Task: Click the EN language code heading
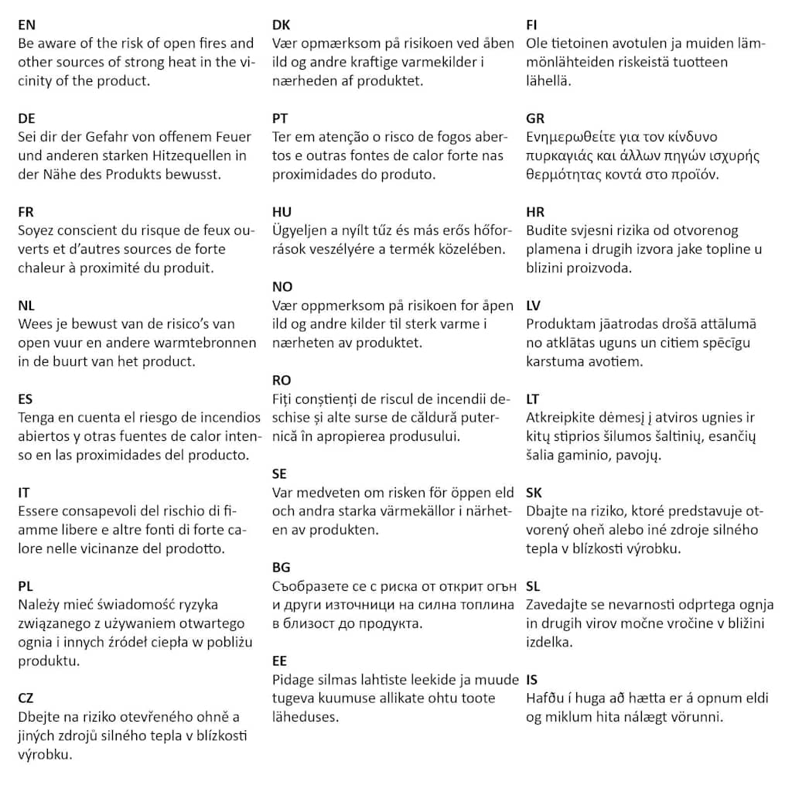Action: (x=26, y=25)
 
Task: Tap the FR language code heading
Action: (x=26, y=212)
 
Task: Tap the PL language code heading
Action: (x=26, y=586)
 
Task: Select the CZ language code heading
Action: (x=26, y=698)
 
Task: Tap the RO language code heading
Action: (x=282, y=381)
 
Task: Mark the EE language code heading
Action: (x=280, y=661)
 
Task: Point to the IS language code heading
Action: (x=532, y=680)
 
